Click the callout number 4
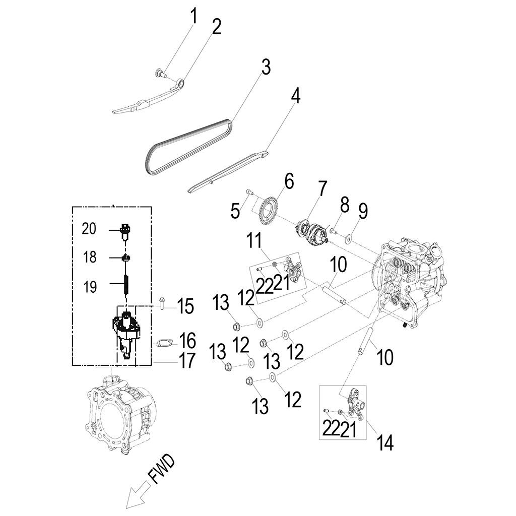[295, 95]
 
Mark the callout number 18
[89, 258]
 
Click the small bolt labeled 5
[249, 191]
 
